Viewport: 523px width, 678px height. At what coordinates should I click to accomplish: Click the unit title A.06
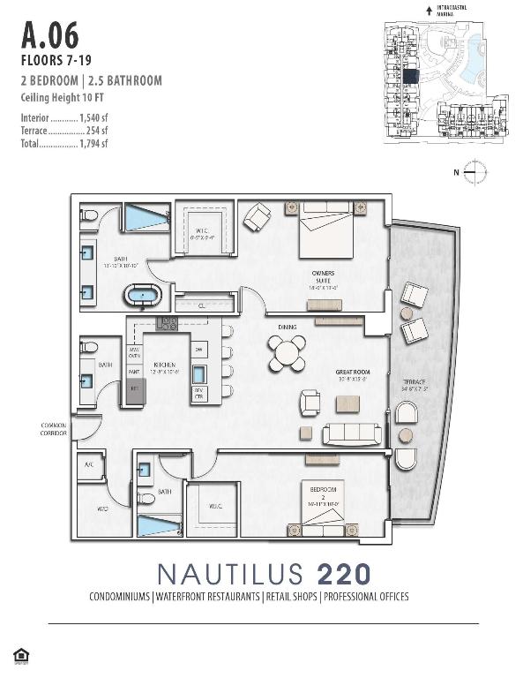point(49,36)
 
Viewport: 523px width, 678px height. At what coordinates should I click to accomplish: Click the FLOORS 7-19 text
point(55,61)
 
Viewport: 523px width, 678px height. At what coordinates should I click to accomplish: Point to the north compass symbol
point(474,172)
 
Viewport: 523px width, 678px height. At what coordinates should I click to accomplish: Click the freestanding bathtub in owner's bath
point(142,295)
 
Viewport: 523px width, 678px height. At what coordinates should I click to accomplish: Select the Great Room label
point(353,373)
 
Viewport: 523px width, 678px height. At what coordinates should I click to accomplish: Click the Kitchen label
point(165,365)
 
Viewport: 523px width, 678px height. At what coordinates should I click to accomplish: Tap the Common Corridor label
point(55,428)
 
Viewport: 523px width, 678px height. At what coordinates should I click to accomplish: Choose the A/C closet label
point(88,464)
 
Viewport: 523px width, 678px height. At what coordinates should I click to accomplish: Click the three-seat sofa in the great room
point(352,433)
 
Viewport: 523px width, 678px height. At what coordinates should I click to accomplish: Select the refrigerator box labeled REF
point(136,389)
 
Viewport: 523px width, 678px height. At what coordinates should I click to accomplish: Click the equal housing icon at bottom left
point(20,654)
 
